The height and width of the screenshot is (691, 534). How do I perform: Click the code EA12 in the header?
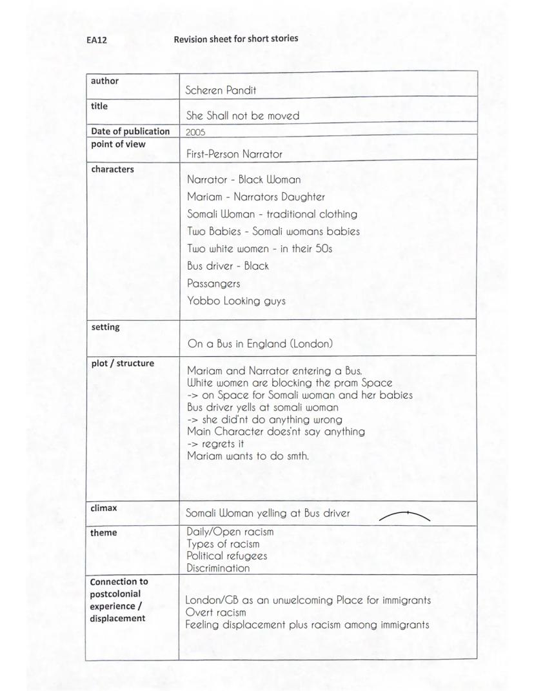coord(96,40)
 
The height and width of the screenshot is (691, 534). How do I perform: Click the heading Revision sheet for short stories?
coord(236,39)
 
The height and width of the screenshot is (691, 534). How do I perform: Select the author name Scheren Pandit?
coord(221,90)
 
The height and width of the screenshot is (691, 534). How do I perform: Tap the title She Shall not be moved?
coord(242,116)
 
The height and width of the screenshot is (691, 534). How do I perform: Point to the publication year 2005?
coord(196,132)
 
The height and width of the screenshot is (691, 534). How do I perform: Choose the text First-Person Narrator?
coord(234,154)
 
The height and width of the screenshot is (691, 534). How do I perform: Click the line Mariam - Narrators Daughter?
coord(256,197)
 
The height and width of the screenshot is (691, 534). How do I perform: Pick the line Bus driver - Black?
coord(228,266)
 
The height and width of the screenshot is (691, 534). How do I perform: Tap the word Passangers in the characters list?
coord(213,283)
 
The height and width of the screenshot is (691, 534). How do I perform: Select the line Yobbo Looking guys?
coord(236,301)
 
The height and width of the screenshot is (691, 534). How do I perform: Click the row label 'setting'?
coord(105,327)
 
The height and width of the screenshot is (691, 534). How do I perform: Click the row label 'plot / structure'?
coord(123,363)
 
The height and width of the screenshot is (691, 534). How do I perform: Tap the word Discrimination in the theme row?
coord(218,568)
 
